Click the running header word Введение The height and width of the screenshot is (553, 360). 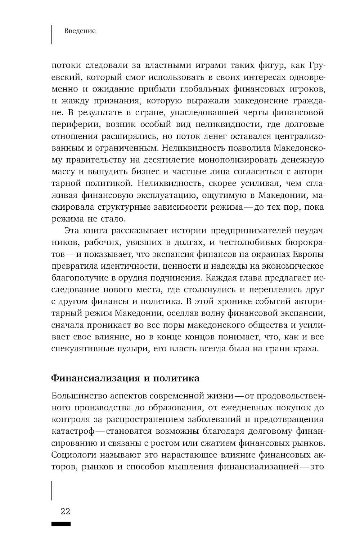click(80, 31)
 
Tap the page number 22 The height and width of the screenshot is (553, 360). click(65, 512)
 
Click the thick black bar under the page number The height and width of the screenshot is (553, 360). click(61, 524)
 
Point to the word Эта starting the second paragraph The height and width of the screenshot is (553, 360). click(71, 231)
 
